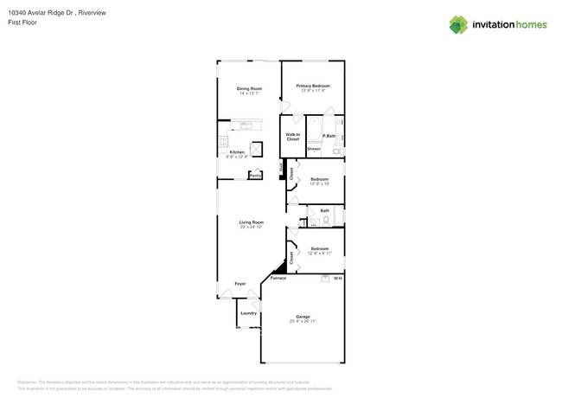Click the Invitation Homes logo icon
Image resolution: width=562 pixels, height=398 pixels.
(458, 25)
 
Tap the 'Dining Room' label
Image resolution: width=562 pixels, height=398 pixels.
(249, 89)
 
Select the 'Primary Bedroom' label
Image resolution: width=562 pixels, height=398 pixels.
(312, 86)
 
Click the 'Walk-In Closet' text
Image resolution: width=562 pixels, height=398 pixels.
(292, 137)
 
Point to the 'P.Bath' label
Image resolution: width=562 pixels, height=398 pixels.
(329, 136)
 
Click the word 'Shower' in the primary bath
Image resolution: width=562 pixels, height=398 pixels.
(313, 149)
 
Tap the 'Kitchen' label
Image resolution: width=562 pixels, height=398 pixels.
(236, 151)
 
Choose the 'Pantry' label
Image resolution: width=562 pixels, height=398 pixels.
(255, 175)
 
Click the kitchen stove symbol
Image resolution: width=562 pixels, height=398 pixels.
(223, 141)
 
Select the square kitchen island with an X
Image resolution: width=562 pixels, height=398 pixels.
(255, 147)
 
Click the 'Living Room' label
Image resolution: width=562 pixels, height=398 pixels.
(252, 222)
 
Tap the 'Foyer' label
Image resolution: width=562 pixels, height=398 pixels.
(240, 284)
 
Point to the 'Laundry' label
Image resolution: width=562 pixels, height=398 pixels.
(248, 313)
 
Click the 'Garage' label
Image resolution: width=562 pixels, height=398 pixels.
(303, 317)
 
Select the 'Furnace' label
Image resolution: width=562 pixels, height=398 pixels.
(278, 279)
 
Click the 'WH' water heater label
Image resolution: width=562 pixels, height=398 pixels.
(338, 279)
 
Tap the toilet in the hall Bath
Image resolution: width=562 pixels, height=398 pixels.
(326, 221)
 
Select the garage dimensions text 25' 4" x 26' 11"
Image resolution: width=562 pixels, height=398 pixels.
(303, 322)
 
